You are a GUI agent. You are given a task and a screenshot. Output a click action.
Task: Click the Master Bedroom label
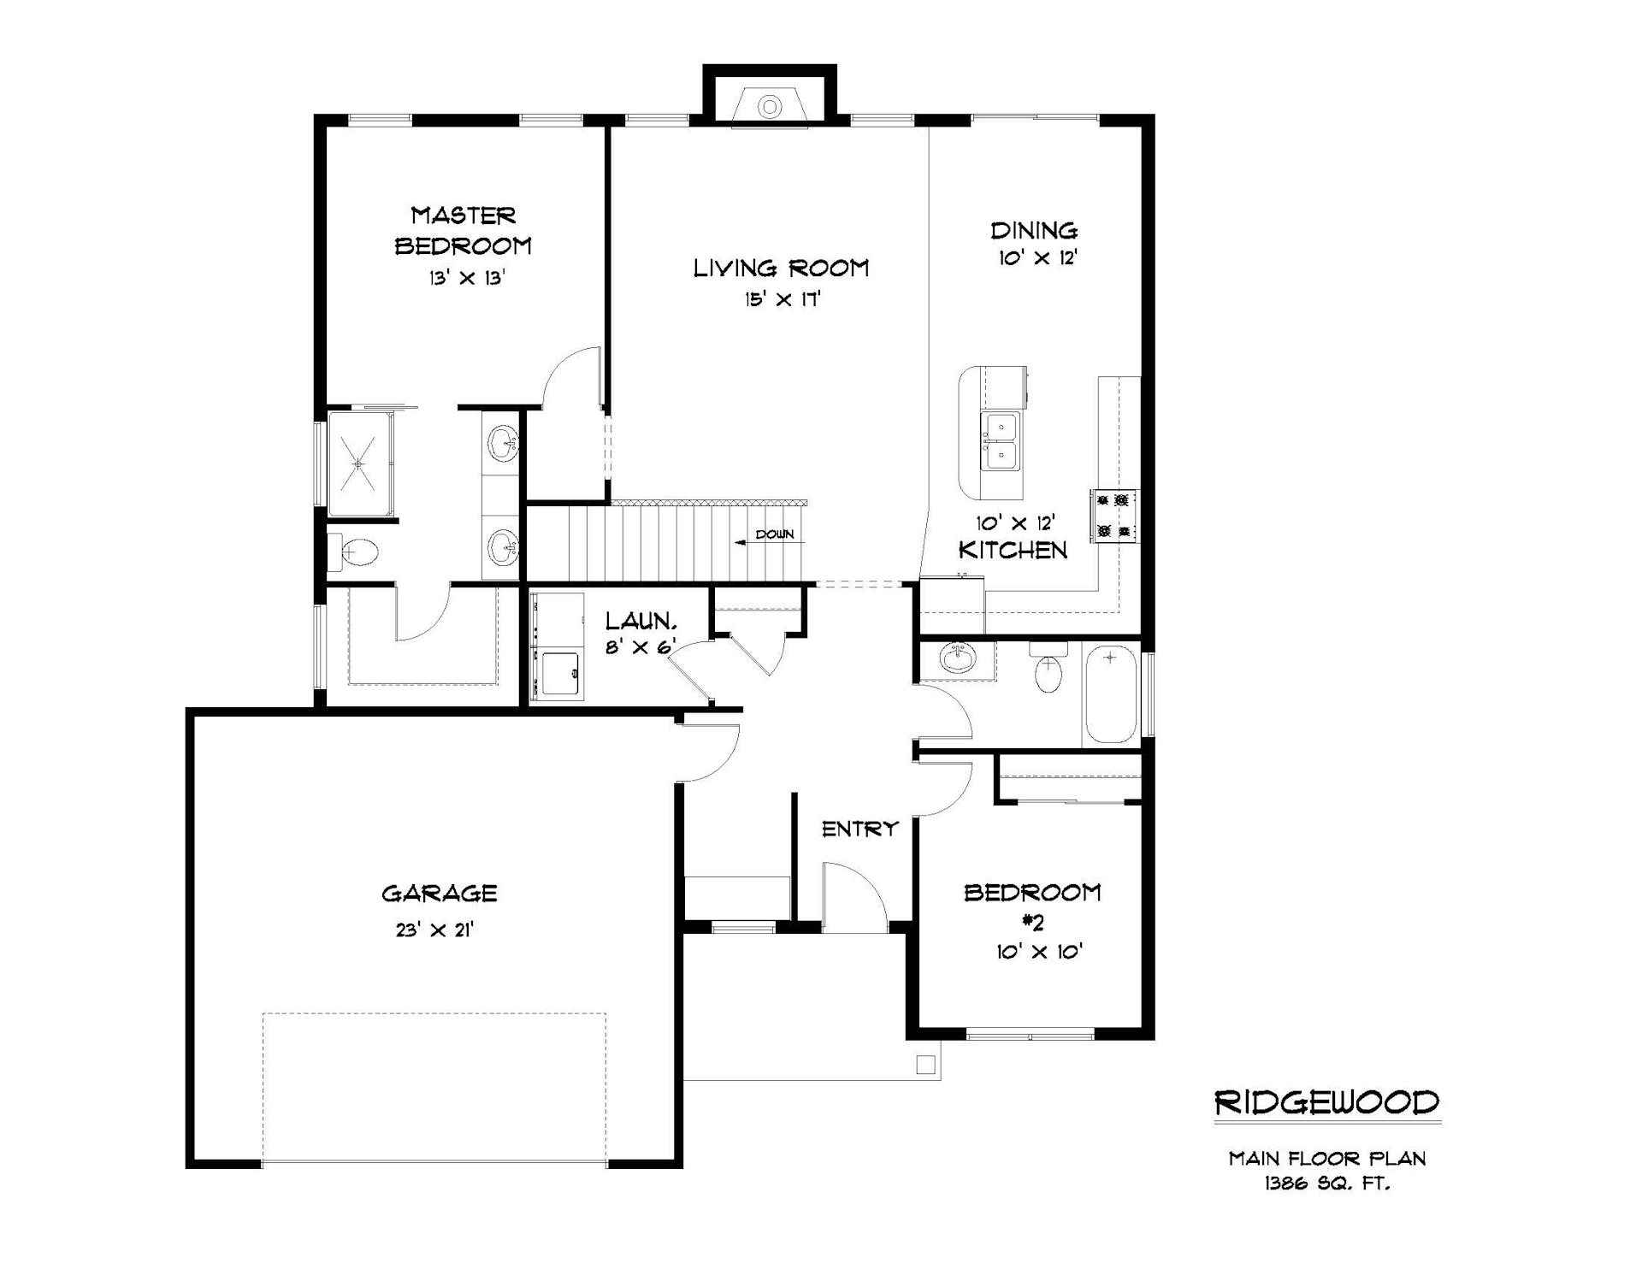pos(463,230)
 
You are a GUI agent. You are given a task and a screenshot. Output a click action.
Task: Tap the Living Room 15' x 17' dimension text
pos(783,299)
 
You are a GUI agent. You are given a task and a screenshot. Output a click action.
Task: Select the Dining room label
pos(1034,230)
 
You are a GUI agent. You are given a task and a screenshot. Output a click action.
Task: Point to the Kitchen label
pos(1013,550)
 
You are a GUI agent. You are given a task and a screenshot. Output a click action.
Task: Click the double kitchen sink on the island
pos(1000,440)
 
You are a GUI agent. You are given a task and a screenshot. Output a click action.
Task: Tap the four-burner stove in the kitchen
pos(1113,516)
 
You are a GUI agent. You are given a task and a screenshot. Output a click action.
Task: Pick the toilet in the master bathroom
pos(354,552)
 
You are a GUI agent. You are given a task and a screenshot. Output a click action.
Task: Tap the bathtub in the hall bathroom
pos(1111,694)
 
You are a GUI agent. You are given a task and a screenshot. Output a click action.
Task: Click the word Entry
pos(860,828)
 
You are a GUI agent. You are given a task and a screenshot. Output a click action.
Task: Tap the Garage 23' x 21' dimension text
pos(434,930)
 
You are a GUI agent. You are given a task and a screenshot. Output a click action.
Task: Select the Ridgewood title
pos(1327,1102)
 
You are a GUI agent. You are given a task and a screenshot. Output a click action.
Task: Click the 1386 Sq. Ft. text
pos(1326,1183)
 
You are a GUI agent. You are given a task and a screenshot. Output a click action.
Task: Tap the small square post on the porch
pos(924,1065)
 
